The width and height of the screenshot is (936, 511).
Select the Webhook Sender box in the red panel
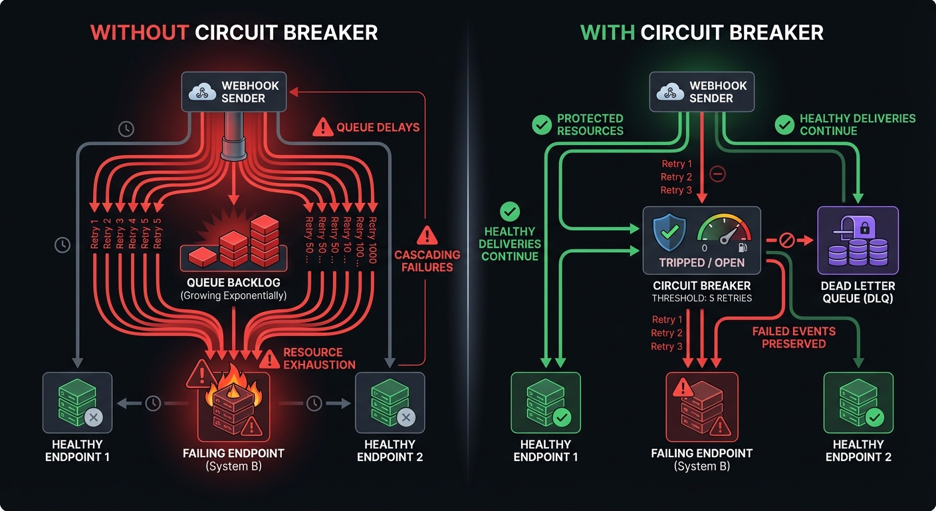[234, 92]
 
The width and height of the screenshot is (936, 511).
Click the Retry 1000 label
[371, 240]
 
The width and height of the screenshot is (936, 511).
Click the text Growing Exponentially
[234, 295]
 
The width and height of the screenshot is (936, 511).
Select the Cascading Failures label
[427, 261]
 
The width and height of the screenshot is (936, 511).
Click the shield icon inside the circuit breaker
[669, 232]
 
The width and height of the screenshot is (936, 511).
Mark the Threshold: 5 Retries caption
[702, 298]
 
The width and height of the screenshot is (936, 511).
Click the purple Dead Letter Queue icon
[858, 240]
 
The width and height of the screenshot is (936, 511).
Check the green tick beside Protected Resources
[542, 124]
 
